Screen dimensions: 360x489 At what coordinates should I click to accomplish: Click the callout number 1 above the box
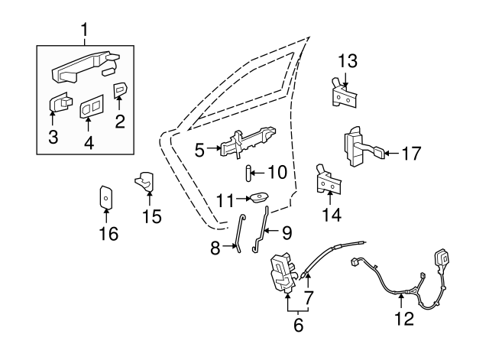84,31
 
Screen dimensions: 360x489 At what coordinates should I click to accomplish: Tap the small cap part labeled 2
120,91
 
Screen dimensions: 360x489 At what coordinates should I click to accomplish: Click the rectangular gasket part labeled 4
90,108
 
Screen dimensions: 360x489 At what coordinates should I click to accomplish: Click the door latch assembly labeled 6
283,273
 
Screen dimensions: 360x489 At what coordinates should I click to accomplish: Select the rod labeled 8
241,232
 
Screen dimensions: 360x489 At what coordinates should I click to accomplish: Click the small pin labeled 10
248,173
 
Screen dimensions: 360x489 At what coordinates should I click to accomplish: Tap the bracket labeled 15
145,183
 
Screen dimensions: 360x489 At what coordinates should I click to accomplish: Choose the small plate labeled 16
107,196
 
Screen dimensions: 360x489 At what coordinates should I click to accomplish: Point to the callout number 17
410,154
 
